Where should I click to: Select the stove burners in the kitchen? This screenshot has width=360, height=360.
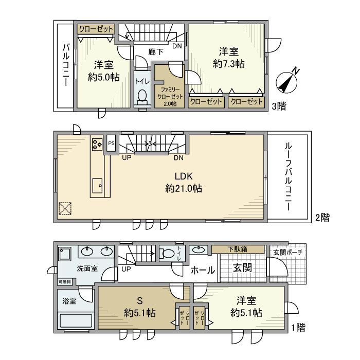click(x=97, y=144)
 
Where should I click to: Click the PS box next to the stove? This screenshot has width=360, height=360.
click(x=111, y=144)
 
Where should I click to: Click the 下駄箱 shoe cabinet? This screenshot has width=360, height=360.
click(x=237, y=249)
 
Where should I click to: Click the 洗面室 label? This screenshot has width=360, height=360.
click(x=87, y=268)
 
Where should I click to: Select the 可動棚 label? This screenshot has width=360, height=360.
click(x=65, y=282)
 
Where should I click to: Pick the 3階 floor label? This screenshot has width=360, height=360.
click(x=279, y=106)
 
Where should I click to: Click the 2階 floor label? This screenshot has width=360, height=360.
click(x=322, y=218)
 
